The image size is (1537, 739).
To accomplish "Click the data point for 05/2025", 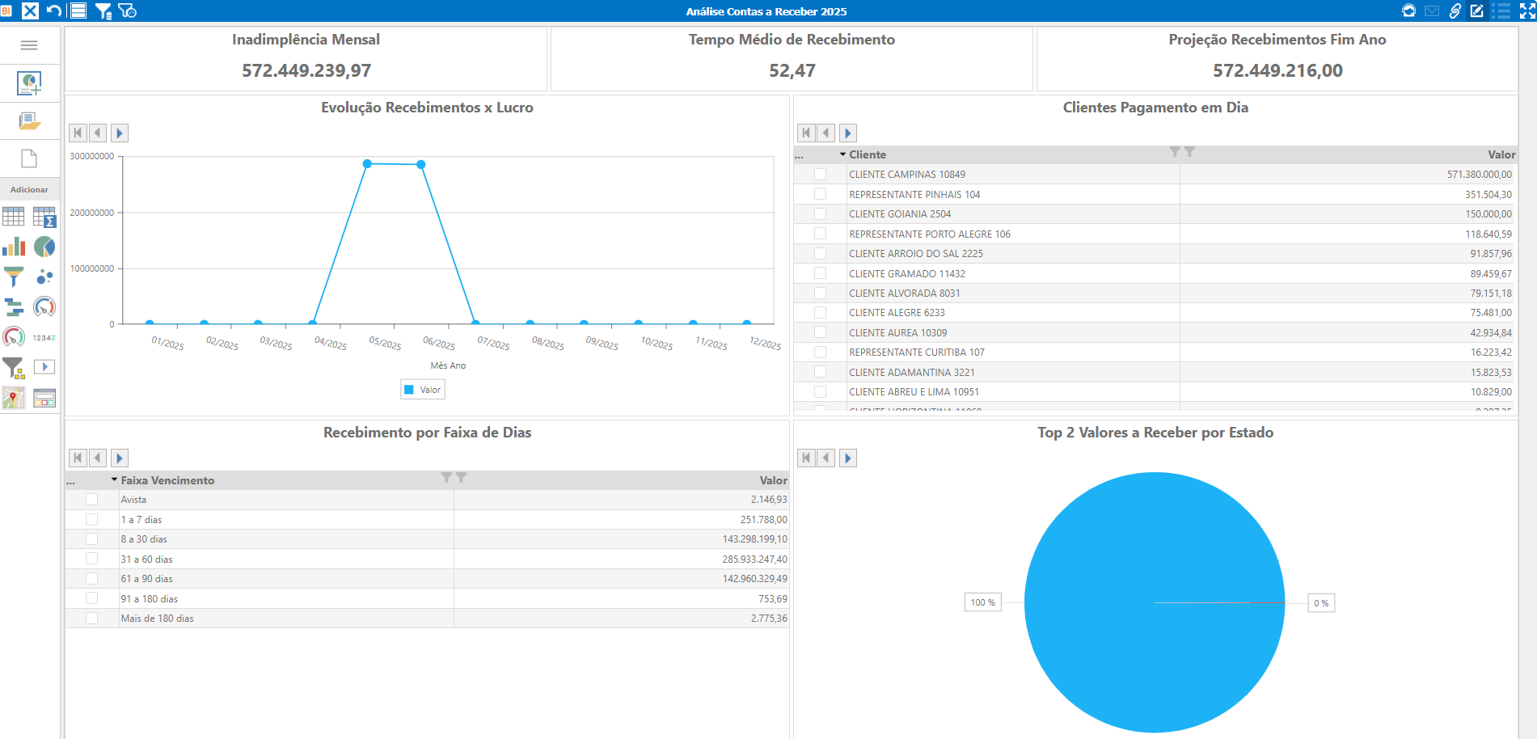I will [367, 163].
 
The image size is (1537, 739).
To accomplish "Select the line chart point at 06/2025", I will [421, 164].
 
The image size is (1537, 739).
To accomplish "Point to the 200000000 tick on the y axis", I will [92, 213].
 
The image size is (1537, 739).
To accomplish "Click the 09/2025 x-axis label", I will [602, 343].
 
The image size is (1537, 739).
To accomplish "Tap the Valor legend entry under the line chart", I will [423, 390].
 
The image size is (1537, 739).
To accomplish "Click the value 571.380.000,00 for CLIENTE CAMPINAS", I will [1479, 175].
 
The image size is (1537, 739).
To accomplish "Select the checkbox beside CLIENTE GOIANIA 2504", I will [820, 214].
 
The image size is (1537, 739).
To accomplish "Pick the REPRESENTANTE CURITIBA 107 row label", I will [917, 353].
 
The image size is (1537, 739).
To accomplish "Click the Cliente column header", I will [868, 154].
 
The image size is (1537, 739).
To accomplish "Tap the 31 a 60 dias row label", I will [147, 560].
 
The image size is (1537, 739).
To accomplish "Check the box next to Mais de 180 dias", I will [91, 619].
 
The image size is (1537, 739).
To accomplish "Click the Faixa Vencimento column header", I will [167, 480].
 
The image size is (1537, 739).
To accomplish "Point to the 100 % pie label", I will [983, 602].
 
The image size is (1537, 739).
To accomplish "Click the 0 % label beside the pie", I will [1321, 603].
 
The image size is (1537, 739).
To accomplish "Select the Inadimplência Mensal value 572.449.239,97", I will [306, 71].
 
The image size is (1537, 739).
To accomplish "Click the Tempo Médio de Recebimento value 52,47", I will [792, 71].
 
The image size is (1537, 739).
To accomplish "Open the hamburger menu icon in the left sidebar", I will [29, 45].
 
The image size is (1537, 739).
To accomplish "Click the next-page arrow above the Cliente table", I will [848, 133].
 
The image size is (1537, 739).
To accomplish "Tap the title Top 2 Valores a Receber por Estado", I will [1155, 433].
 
